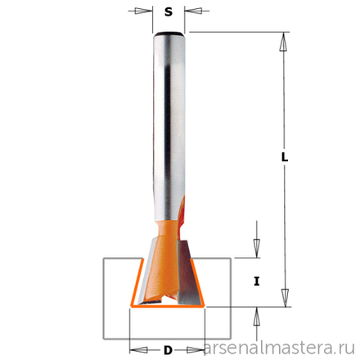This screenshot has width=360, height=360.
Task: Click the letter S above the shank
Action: click(167, 12)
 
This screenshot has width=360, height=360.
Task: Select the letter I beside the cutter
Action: click(256, 281)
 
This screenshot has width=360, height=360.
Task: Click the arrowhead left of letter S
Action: click(146, 12)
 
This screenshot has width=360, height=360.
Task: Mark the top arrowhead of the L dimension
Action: click(285, 40)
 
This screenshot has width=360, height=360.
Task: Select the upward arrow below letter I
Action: click(256, 313)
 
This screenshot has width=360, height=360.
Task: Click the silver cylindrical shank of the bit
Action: click(168, 123)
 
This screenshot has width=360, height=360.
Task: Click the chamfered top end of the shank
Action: click(168, 33)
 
